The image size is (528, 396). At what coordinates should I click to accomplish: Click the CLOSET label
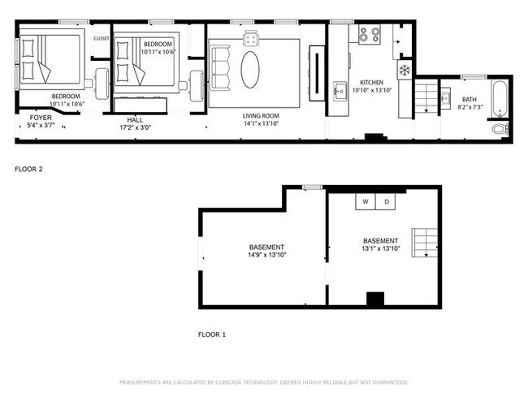102,38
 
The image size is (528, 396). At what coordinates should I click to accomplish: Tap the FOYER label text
40,117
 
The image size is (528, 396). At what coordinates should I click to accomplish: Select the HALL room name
135,119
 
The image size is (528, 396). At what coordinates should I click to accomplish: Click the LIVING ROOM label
262,117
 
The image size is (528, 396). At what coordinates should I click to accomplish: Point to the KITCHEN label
371,83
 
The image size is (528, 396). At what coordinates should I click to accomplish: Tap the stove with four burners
370,35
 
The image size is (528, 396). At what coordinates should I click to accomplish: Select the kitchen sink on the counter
340,88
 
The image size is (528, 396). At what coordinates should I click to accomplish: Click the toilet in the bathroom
499,128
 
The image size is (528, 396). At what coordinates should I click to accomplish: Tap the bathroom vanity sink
445,98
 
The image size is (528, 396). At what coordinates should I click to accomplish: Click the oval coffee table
252,70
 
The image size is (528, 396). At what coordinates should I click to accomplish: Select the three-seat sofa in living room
221,70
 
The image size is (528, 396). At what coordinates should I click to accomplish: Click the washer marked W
366,201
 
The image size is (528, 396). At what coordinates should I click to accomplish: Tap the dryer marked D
387,201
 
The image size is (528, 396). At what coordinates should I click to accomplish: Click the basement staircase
425,242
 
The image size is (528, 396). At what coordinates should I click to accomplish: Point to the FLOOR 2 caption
29,170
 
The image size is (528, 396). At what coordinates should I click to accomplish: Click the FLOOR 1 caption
213,334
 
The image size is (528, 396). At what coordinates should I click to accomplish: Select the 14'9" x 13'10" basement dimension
267,255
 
